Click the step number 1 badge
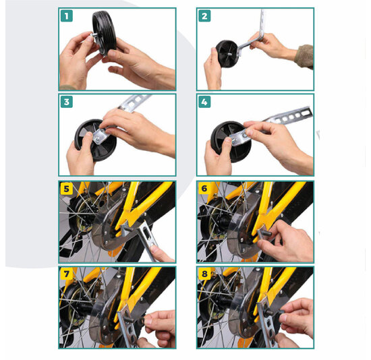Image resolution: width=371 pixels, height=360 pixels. [x=66, y=16]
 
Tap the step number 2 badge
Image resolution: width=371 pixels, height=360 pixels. [x=204, y=16]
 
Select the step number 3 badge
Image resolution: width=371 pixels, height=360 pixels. [x=66, y=102]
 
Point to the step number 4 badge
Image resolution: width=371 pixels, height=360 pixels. [x=204, y=102]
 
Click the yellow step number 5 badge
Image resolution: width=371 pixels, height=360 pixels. [x=66, y=189]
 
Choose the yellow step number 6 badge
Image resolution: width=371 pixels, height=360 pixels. [x=204, y=189]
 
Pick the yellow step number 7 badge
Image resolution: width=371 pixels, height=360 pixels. [x=66, y=275]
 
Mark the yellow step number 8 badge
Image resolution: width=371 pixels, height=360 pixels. [x=204, y=275]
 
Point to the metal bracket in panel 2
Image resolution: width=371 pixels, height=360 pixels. [x=257, y=37]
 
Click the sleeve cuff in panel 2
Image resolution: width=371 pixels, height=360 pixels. [x=304, y=55]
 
